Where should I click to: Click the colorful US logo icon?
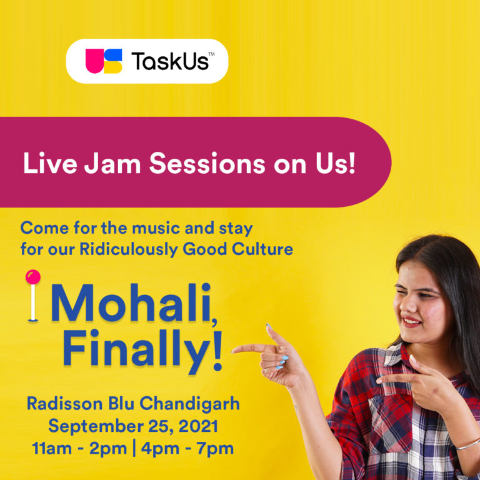104,61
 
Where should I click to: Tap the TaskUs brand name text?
169,61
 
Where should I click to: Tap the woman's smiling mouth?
412,321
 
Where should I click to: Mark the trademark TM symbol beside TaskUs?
212,55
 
